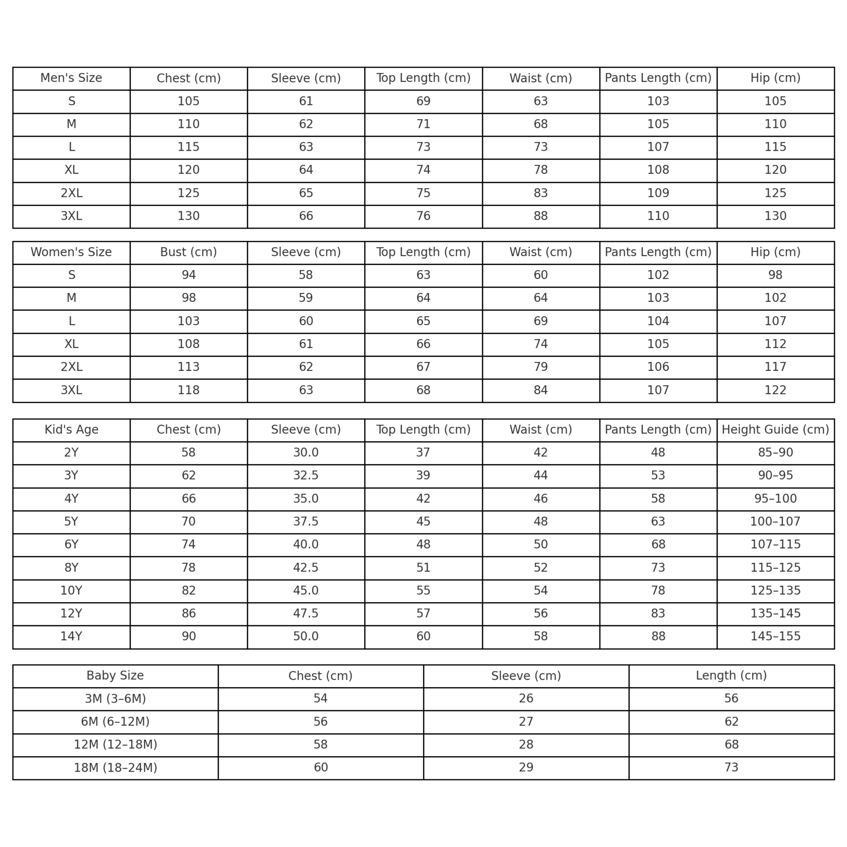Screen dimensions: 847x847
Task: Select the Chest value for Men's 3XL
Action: (188, 216)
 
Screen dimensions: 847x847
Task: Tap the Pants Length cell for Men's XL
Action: (658, 170)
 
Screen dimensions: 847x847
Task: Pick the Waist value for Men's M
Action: (541, 124)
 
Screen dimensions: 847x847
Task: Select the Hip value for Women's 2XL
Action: (775, 367)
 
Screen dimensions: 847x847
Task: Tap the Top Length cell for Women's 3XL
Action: (423, 390)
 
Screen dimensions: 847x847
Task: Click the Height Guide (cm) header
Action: (775, 430)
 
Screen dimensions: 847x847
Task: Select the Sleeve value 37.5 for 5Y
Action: (306, 522)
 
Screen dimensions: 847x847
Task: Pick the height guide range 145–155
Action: (775, 637)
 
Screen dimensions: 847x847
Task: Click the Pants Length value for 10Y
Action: (658, 591)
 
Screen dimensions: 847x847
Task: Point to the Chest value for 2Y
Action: (188, 453)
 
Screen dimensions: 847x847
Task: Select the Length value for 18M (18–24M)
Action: (731, 768)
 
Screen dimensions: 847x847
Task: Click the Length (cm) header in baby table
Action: (731, 675)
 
